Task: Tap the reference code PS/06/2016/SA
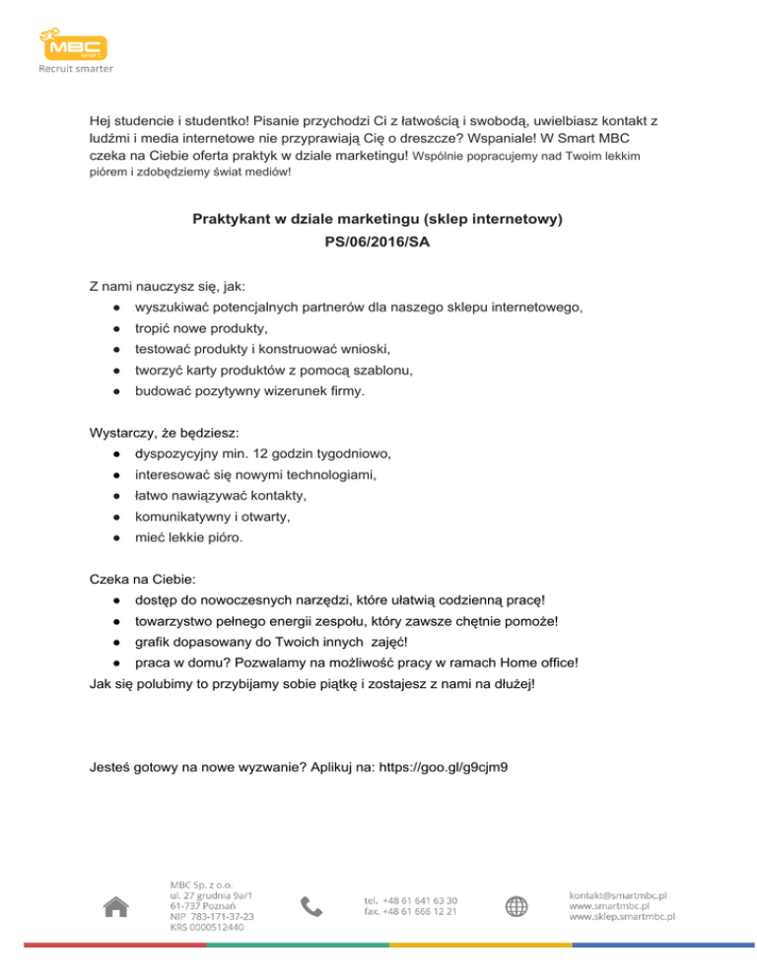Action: tap(378, 239)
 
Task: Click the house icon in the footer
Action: tap(116, 905)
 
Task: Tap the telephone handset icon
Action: tap(310, 906)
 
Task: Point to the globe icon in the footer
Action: tap(517, 906)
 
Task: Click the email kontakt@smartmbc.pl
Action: tap(619, 894)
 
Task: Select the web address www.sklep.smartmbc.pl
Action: tap(622, 916)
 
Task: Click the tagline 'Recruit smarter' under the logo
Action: tap(76, 69)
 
